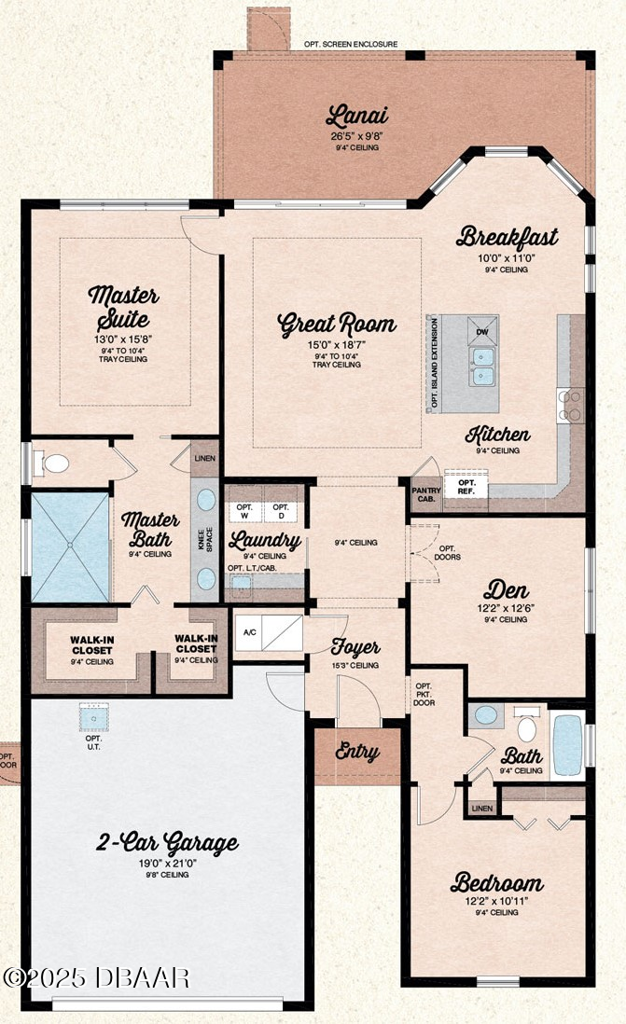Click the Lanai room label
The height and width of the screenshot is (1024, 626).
(356, 116)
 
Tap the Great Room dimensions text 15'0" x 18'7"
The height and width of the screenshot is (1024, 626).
(337, 345)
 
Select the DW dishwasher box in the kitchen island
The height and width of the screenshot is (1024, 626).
(482, 331)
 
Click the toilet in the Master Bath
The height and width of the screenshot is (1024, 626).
(53, 464)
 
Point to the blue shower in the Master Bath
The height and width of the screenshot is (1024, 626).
(70, 547)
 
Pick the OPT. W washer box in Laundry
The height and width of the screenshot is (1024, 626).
(244, 511)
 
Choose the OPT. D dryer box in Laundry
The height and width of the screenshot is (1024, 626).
(281, 511)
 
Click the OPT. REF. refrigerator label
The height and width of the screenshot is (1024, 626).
(466, 487)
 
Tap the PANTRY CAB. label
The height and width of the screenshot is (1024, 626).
(426, 494)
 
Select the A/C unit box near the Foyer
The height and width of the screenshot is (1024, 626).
(269, 632)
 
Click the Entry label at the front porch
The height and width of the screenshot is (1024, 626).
(357, 752)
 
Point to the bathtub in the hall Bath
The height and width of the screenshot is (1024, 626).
(567, 745)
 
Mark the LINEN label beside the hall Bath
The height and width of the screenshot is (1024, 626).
(482, 809)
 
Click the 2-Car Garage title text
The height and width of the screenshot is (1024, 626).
(167, 843)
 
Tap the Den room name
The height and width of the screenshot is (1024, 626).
(506, 590)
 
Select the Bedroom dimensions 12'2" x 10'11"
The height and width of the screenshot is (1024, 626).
(496, 901)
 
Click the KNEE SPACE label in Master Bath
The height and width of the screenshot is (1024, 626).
(205, 539)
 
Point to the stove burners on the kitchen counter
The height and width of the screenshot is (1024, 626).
(570, 405)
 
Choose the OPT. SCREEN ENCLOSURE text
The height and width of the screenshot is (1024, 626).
(351, 45)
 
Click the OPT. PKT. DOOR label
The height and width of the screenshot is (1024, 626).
(424, 694)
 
